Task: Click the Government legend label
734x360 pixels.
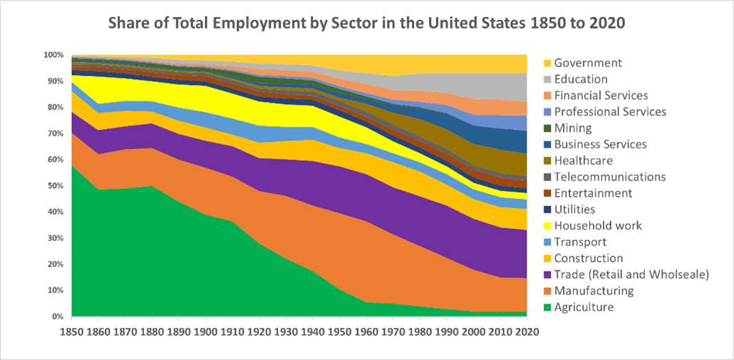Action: pos(588,63)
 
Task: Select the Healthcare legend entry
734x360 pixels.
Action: pos(583,161)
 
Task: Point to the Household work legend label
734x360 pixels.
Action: pos(598,226)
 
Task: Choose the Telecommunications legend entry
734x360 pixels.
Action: pos(609,177)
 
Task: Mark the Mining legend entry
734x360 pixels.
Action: pos(572,128)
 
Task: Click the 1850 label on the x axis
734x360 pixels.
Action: pos(71,331)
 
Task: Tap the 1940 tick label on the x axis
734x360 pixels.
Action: pos(313,331)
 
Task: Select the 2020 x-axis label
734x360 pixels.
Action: pos(526,331)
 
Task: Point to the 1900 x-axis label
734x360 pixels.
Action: pos(205,331)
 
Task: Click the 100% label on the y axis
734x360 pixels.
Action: pos(53,55)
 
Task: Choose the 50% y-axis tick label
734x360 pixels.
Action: pos(56,185)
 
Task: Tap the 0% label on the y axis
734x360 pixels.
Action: pos(58,317)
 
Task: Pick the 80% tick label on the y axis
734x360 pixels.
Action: pos(56,107)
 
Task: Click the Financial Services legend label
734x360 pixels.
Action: pos(601,96)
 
